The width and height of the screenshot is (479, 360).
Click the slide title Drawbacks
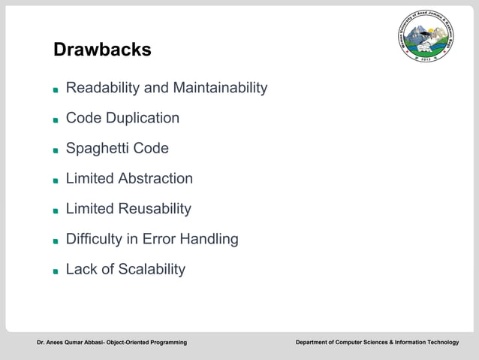[102, 50]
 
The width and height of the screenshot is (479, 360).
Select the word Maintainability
[220, 89]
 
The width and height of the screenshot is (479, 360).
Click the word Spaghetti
[98, 149]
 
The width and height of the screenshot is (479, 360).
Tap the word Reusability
[155, 209]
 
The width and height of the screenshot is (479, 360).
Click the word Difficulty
[95, 239]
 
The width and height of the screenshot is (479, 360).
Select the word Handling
[208, 239]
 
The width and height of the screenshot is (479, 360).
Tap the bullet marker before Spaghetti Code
[56, 150]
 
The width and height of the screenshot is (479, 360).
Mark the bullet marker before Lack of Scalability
[56, 271]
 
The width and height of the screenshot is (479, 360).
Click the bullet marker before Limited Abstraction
[56, 180]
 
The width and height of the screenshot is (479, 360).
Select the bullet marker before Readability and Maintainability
[56, 90]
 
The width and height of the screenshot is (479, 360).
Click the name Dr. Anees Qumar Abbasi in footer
[70, 343]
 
